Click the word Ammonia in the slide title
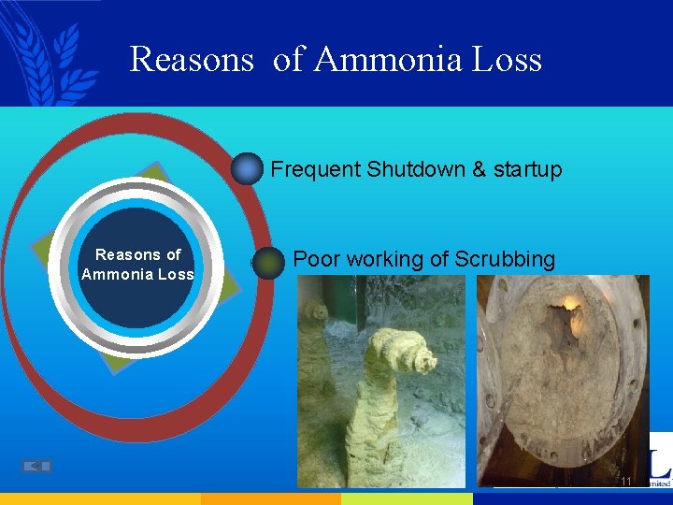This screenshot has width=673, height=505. [389, 60]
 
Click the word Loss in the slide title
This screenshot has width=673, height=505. [507, 60]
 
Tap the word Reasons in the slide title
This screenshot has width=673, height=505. [192, 60]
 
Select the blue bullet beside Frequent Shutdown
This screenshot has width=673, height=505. [248, 169]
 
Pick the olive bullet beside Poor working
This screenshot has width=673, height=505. [269, 264]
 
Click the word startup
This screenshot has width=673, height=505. [527, 169]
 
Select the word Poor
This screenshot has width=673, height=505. [315, 259]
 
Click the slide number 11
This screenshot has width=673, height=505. [626, 482]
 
